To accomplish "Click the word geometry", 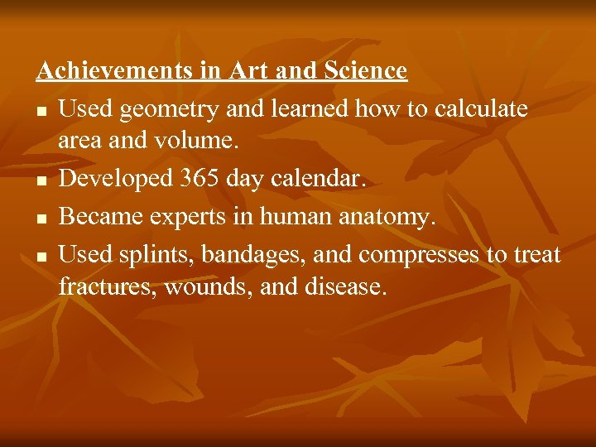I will coord(173,108).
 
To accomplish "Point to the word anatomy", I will coord(388,217).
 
